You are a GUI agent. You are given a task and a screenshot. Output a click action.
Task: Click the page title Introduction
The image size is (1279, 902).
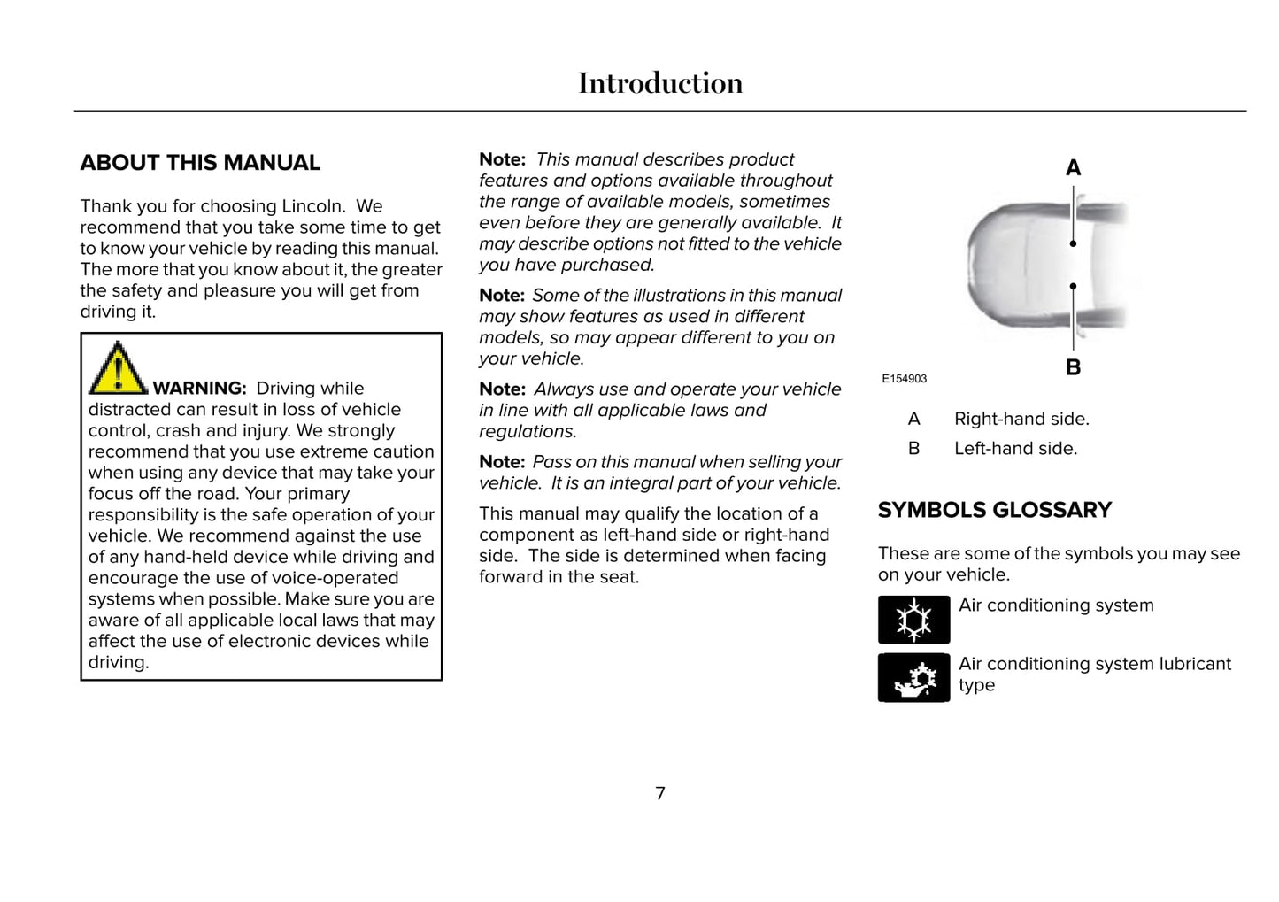(x=660, y=83)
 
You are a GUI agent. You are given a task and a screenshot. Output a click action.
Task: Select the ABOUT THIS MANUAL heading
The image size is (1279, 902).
(x=200, y=163)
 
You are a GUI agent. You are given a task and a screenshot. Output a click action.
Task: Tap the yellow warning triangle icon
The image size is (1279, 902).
(x=117, y=368)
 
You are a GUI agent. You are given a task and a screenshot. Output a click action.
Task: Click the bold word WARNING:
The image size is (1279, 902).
(x=199, y=389)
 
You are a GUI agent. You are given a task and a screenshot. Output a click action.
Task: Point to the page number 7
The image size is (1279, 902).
(x=660, y=793)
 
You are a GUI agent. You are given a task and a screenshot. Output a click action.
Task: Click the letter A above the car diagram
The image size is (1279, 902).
(x=1073, y=168)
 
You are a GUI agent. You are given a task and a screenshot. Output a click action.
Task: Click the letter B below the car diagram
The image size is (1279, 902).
(x=1073, y=367)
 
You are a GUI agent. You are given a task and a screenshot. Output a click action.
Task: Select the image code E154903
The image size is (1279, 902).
(x=904, y=379)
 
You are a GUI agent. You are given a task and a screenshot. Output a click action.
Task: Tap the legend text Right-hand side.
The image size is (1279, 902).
(x=1021, y=419)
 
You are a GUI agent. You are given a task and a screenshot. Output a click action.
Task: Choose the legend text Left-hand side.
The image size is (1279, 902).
(x=1015, y=449)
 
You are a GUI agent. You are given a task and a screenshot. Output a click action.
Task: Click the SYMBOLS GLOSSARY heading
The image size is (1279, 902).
(x=994, y=510)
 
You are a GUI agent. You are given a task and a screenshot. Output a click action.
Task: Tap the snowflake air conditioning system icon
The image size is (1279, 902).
(x=913, y=620)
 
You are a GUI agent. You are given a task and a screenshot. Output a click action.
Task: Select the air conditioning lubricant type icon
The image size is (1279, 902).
(x=913, y=678)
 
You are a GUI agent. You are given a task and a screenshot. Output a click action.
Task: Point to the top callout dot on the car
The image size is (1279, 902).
(x=1073, y=243)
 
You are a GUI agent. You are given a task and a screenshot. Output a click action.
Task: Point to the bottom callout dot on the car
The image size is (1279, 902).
(x=1073, y=286)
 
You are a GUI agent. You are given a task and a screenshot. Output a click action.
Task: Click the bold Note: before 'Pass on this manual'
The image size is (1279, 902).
(x=502, y=462)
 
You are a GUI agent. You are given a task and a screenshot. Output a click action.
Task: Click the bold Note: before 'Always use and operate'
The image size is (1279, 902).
(x=502, y=389)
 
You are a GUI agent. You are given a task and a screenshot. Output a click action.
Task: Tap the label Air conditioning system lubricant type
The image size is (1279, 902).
(x=1094, y=674)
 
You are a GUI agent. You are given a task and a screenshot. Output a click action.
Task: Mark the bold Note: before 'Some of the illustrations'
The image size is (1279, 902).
(x=502, y=296)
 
